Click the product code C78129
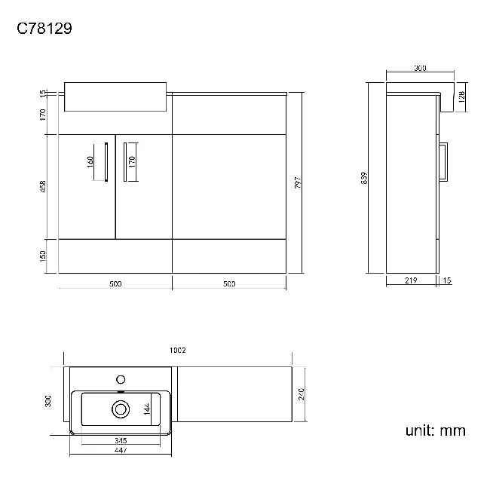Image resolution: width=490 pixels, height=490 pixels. point(44,29)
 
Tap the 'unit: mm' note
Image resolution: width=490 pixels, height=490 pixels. point(435,431)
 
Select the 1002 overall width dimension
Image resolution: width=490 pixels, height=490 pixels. point(178,350)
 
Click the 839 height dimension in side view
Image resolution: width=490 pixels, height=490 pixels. point(364,178)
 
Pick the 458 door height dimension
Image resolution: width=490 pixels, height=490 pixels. point(44,186)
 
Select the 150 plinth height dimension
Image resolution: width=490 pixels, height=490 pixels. point(44,256)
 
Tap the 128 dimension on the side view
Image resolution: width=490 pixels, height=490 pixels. point(461,95)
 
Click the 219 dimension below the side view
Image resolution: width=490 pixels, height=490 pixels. point(410,280)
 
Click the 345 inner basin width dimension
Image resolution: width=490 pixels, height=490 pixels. point(120,440)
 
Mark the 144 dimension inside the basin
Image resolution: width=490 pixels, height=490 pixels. point(148,409)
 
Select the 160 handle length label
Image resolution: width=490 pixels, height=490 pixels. point(90,161)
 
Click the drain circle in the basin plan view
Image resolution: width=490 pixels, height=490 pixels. point(120,409)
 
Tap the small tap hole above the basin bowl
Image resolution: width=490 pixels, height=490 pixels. point(120,378)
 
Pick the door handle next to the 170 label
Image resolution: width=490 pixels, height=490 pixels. point(123,161)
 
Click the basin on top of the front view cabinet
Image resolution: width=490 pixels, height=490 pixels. point(114,96)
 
